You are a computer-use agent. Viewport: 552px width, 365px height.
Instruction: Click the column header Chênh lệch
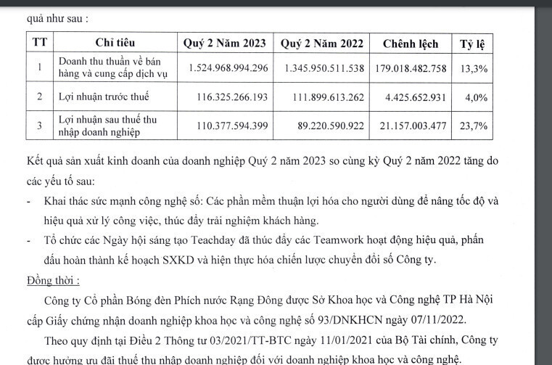[411, 44]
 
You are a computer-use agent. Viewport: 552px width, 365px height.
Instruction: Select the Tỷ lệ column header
[472, 44]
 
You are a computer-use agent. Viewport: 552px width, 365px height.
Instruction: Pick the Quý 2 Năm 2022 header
[321, 44]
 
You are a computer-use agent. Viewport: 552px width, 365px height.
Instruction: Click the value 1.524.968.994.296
[228, 67]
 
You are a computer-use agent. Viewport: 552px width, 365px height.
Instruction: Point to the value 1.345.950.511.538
[322, 67]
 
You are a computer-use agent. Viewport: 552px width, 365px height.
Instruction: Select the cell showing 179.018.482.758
[411, 67]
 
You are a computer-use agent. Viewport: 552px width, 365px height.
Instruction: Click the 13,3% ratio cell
[473, 67]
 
